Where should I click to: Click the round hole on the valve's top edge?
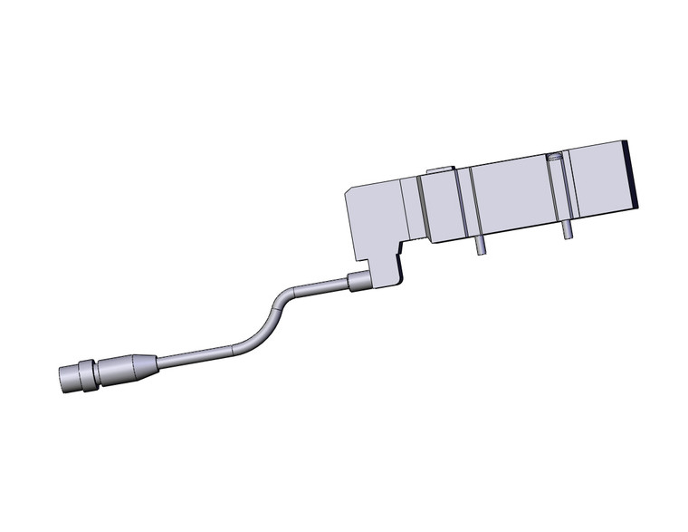555,158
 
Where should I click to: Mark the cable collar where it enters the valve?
358,282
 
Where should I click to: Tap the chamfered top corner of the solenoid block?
351,191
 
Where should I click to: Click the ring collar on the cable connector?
87,372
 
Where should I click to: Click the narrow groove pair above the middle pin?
469,203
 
